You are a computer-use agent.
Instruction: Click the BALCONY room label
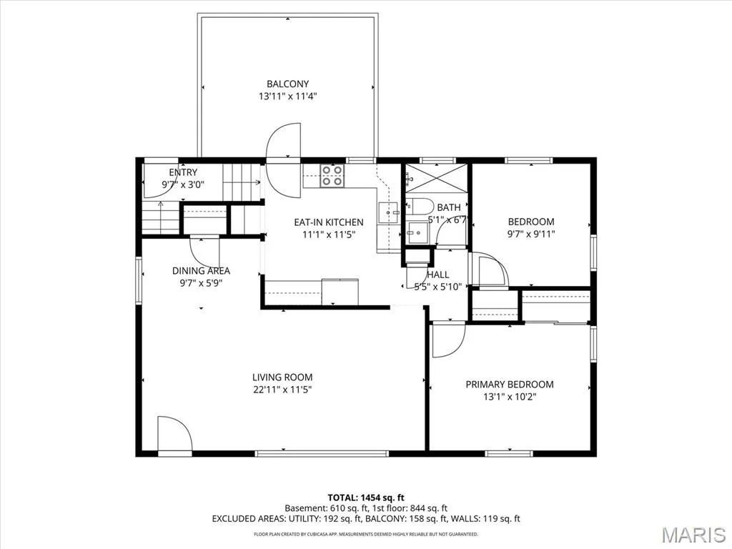pyautogui.click(x=287, y=84)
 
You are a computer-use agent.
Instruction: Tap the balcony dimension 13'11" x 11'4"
pyautogui.click(x=287, y=97)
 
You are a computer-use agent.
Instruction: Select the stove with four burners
pyautogui.click(x=332, y=176)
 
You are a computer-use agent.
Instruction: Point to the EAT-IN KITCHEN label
pyautogui.click(x=329, y=222)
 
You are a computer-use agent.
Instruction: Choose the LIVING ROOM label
pyautogui.click(x=282, y=377)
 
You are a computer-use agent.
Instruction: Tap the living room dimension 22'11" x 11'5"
pyautogui.click(x=282, y=390)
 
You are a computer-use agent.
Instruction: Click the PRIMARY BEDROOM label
pyautogui.click(x=510, y=385)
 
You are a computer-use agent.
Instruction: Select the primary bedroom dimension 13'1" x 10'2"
pyautogui.click(x=510, y=397)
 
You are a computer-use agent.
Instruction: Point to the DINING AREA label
pyautogui.click(x=201, y=271)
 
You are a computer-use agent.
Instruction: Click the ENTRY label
pyautogui.click(x=183, y=172)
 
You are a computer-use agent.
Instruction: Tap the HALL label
pyautogui.click(x=438, y=275)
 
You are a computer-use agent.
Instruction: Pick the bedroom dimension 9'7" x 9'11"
pyautogui.click(x=531, y=234)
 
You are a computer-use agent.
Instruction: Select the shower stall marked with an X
pyautogui.click(x=436, y=178)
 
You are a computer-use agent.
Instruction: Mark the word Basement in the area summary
pyautogui.click(x=303, y=508)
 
